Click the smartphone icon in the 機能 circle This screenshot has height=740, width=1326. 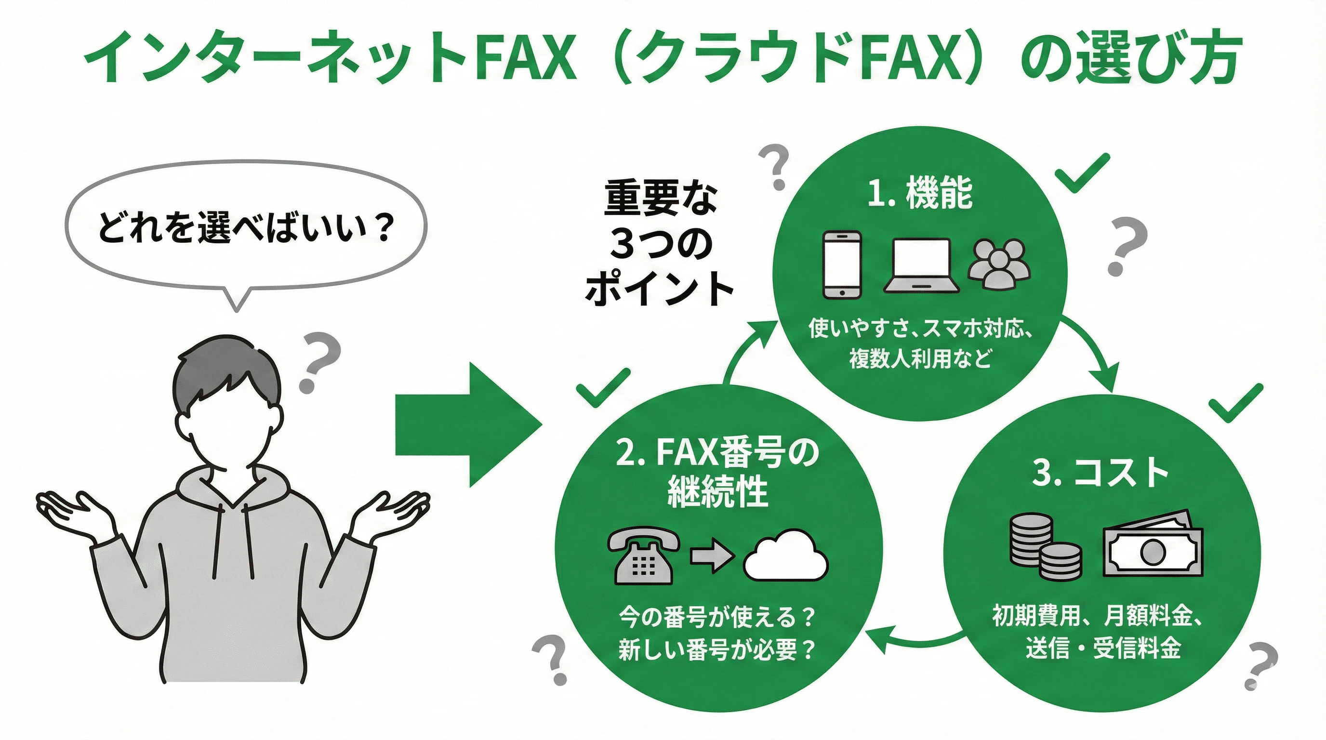[842, 264]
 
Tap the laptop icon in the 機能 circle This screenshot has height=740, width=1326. [921, 265]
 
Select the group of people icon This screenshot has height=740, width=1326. [999, 264]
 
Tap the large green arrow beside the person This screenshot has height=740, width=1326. [467, 425]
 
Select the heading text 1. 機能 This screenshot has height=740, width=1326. [920, 194]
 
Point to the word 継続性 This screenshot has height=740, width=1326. [717, 491]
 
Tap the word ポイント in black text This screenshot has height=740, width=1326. [659, 289]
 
